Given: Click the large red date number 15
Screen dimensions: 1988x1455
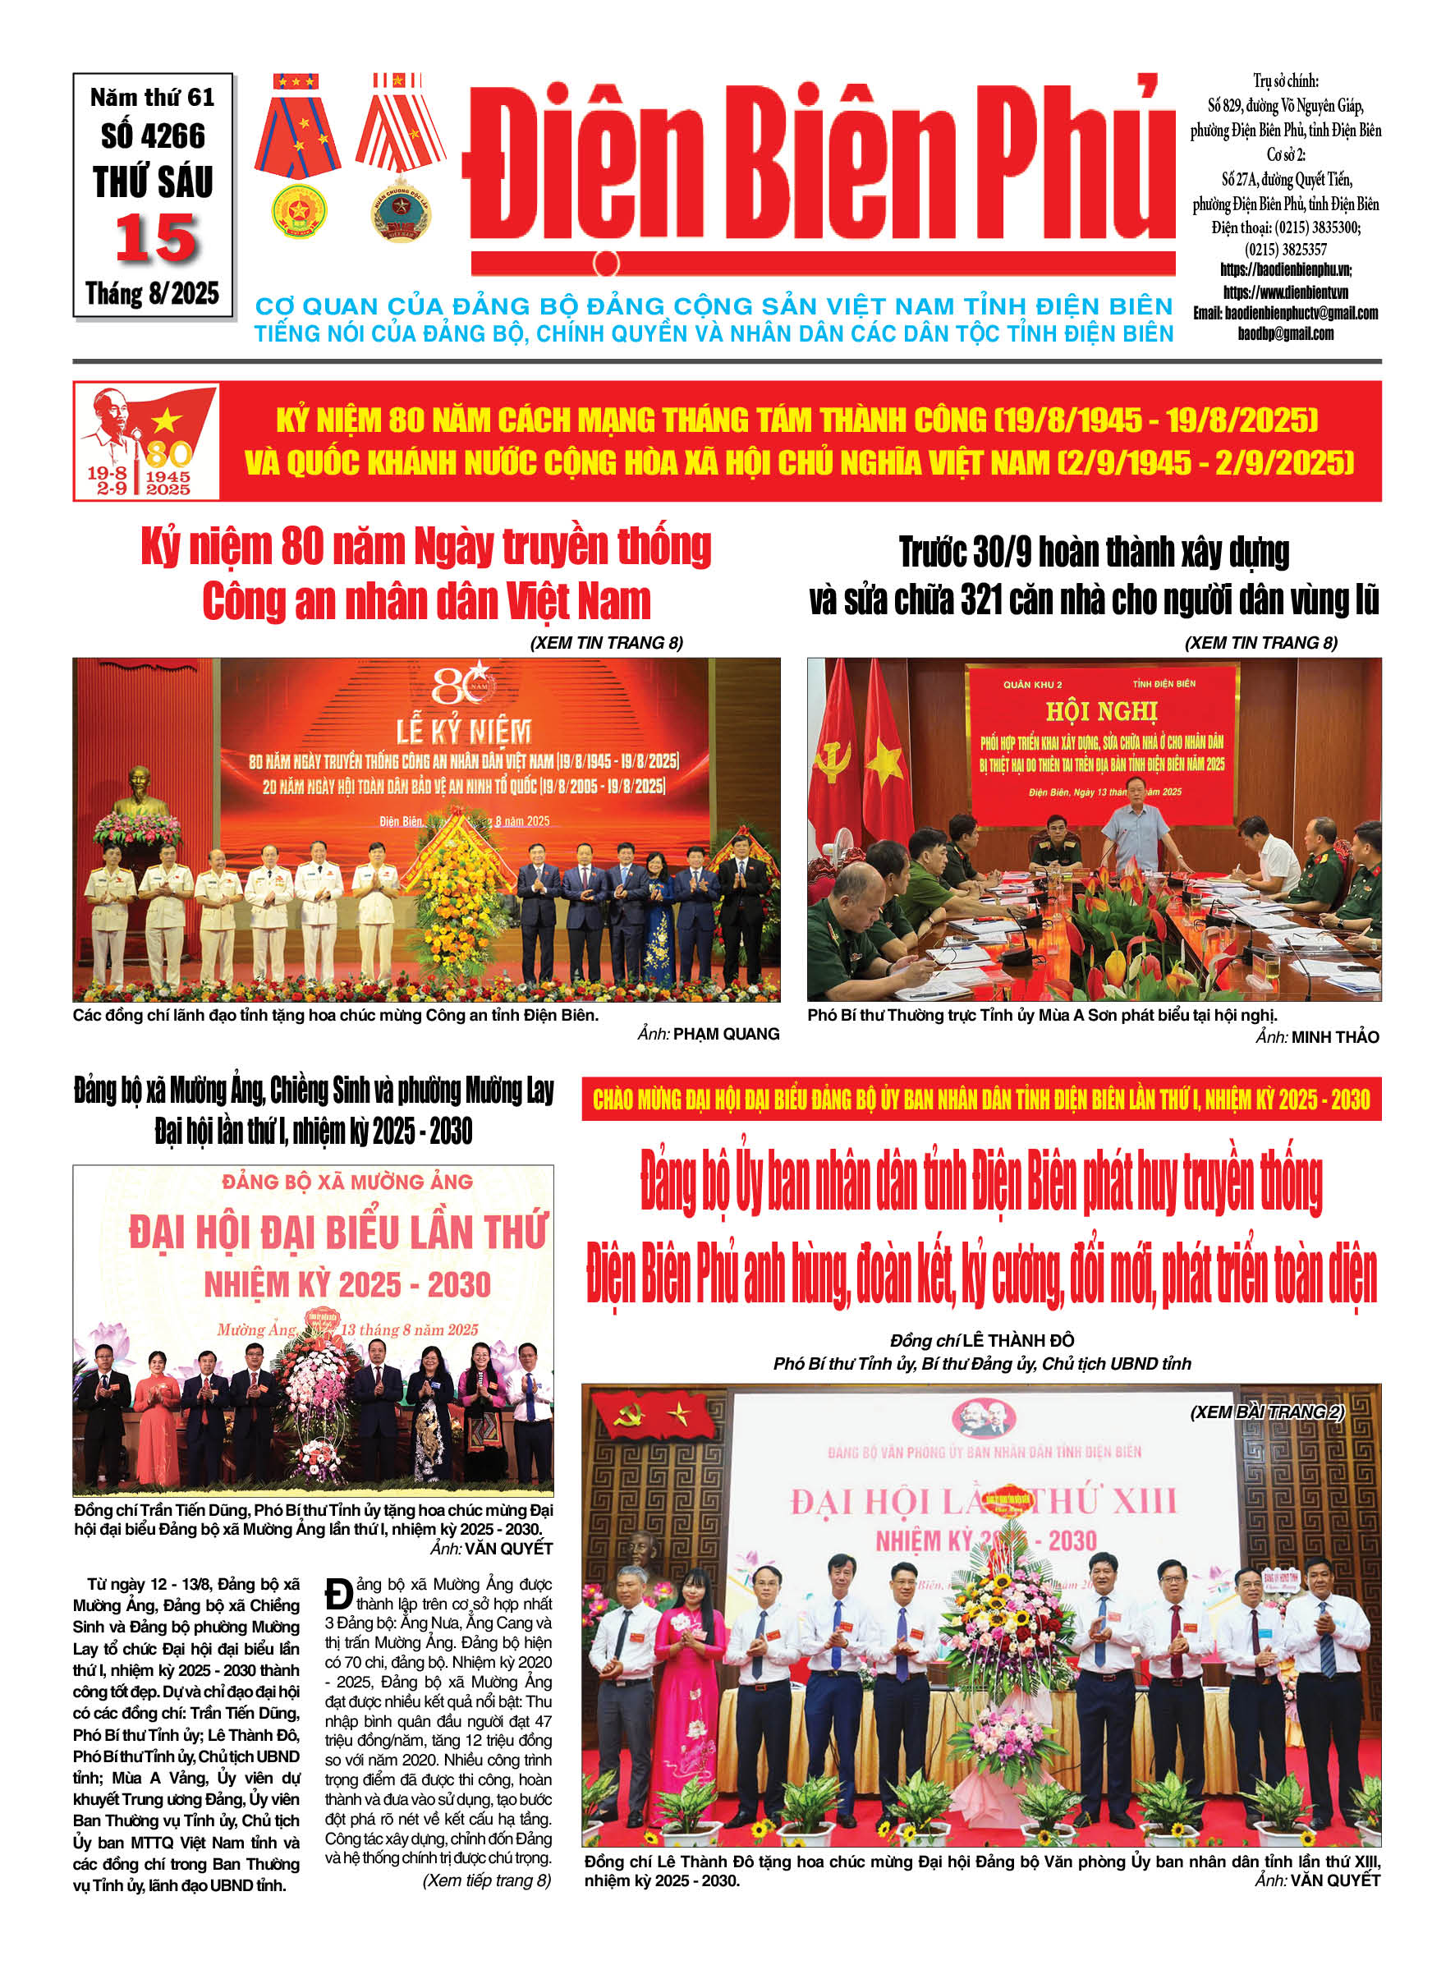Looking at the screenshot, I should click(x=156, y=237).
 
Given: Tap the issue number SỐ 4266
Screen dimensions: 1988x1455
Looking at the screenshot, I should click(x=154, y=136).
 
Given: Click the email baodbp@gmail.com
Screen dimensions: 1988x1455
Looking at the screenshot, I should click(x=1285, y=334).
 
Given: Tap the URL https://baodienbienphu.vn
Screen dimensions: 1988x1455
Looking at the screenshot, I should click(x=1285, y=269).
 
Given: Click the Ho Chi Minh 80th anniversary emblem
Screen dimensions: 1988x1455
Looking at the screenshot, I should click(x=146, y=441).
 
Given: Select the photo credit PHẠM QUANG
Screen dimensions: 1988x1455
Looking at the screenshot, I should click(x=726, y=1034).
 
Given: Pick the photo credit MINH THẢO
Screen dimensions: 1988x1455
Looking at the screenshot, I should click(x=1334, y=1037).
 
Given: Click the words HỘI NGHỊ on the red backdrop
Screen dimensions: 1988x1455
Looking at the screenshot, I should click(x=1101, y=711).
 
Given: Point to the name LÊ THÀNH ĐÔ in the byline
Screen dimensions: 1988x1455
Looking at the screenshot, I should click(x=1017, y=1341).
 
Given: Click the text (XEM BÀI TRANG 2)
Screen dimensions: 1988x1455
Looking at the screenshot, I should click(x=1266, y=1412).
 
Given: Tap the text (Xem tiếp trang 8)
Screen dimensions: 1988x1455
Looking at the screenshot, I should click(x=486, y=1880).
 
